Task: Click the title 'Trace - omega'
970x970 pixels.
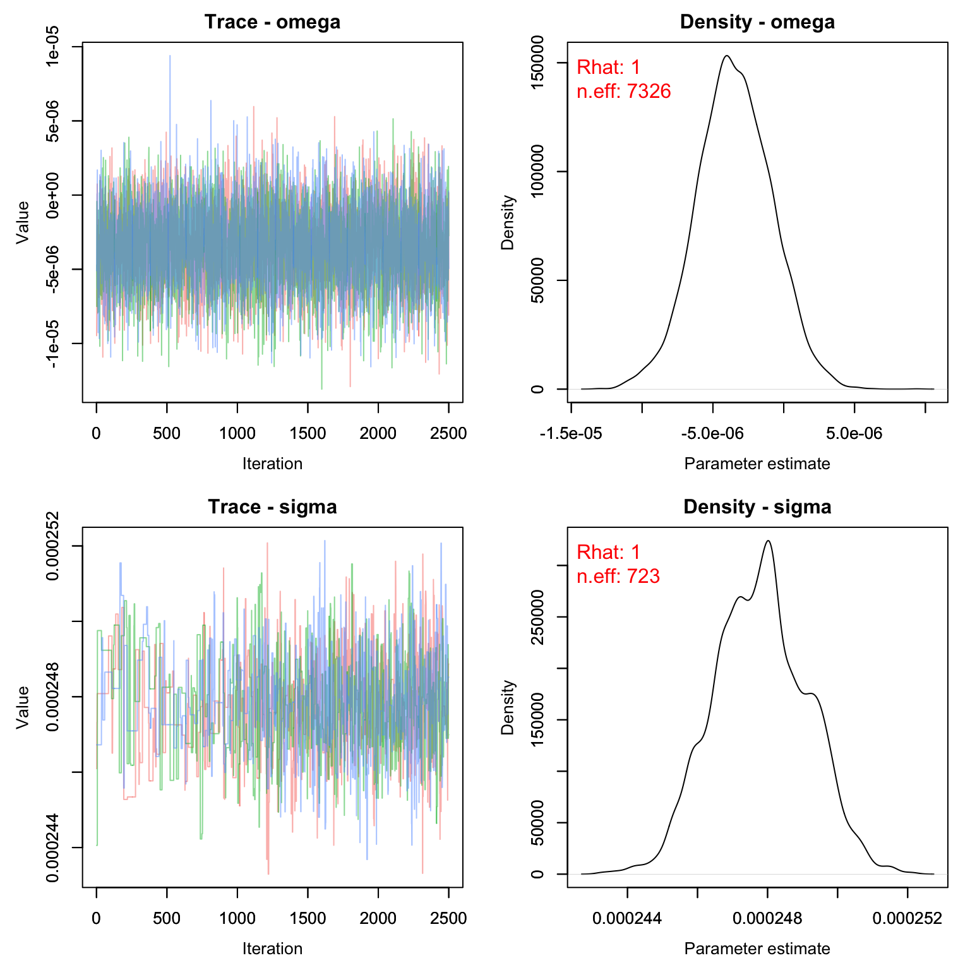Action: click(x=272, y=22)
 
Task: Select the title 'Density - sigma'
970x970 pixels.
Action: click(x=757, y=507)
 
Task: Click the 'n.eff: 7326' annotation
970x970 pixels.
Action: click(x=623, y=92)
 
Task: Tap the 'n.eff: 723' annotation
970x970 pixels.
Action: click(x=618, y=576)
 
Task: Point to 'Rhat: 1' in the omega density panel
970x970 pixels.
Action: click(x=609, y=67)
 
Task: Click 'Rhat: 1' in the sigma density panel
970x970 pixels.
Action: click(x=609, y=552)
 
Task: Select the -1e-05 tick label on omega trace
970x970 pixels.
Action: click(x=53, y=343)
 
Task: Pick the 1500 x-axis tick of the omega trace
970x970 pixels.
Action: click(x=308, y=433)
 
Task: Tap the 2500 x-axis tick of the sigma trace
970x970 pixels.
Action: click(x=448, y=918)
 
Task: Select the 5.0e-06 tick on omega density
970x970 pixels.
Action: click(x=854, y=433)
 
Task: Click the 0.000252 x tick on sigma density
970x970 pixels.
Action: click(x=907, y=918)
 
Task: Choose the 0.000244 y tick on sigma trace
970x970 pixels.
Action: click(x=53, y=847)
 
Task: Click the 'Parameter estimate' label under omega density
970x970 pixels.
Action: click(x=757, y=464)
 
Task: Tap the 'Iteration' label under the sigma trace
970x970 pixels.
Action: click(x=272, y=949)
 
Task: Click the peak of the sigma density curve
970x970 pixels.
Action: click(x=768, y=541)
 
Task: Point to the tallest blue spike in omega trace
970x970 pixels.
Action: click(x=169, y=56)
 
